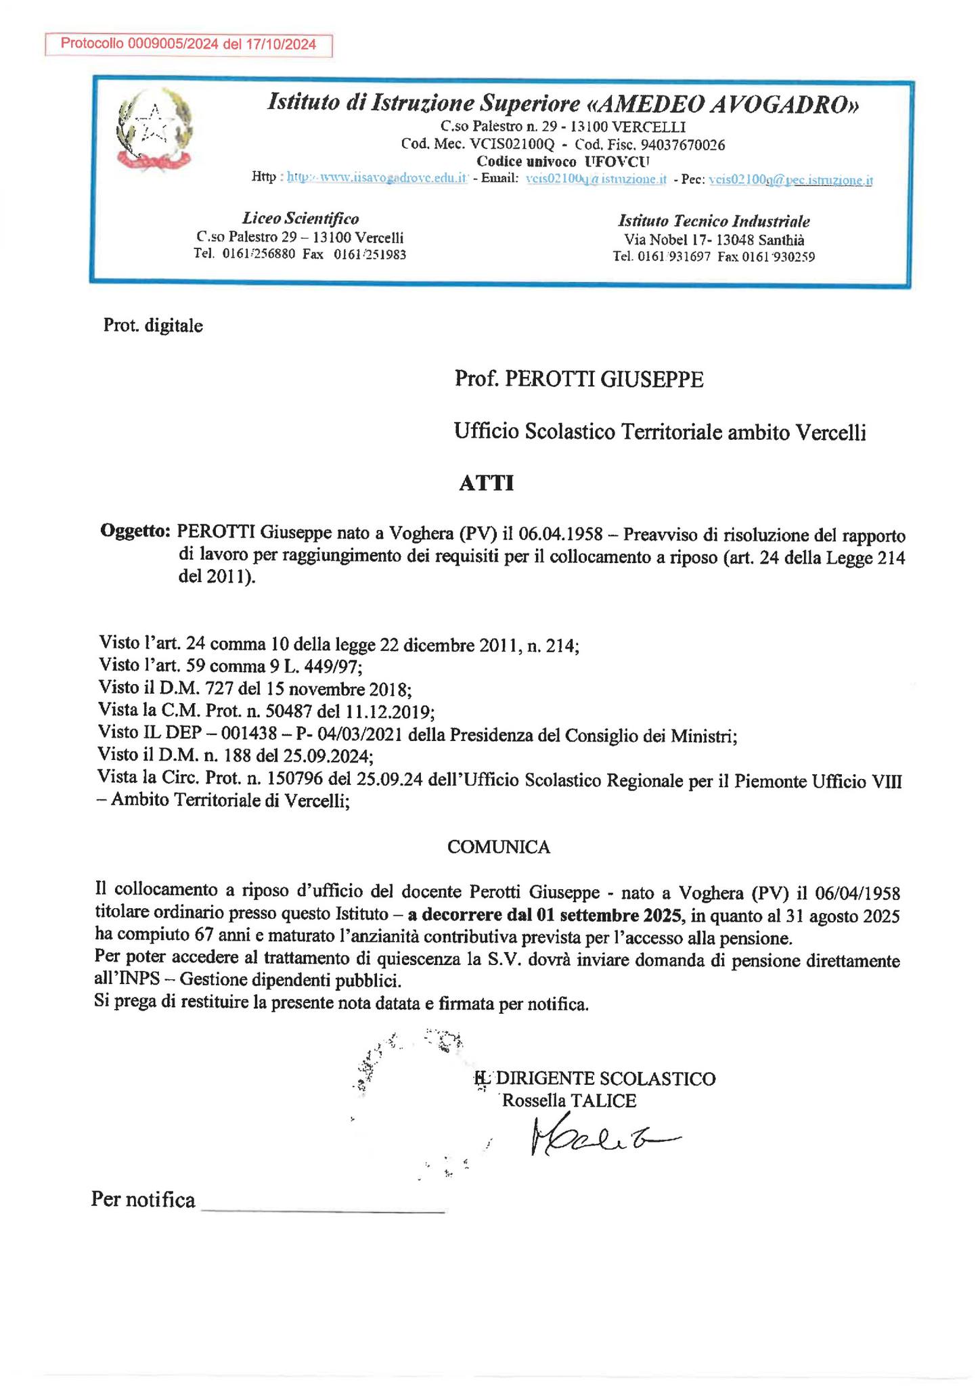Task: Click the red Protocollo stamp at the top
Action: tap(189, 45)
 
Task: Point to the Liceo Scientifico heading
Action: tap(300, 219)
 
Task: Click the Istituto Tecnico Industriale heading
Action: tap(713, 221)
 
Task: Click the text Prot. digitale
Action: tap(153, 326)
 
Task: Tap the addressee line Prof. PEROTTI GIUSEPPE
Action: tap(579, 380)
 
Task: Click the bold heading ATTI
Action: tap(486, 484)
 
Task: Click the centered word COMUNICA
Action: tap(499, 847)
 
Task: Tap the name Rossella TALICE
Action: tap(569, 1100)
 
